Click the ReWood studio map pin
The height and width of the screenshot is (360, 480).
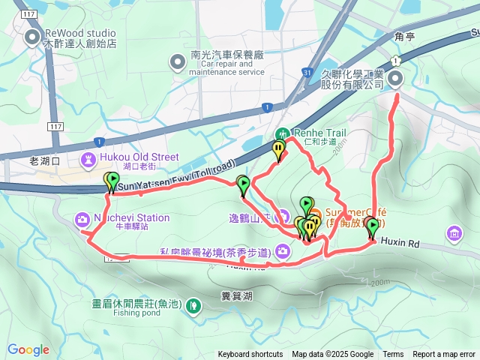click(32, 37)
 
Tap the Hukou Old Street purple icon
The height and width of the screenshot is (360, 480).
click(88, 159)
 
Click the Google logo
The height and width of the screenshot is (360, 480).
click(28, 349)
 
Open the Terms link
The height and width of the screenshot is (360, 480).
click(393, 355)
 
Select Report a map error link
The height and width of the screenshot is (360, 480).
click(444, 355)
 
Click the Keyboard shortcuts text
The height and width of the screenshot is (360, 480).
click(250, 355)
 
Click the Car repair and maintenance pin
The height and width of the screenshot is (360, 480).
click(178, 61)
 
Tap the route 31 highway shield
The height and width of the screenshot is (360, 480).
click(307, 72)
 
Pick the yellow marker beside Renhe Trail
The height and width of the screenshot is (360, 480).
click(280, 150)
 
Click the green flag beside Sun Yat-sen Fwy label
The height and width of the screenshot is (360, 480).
click(112, 181)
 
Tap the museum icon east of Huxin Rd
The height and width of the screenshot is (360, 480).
click(454, 235)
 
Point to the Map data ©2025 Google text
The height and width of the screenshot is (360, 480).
click(333, 355)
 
